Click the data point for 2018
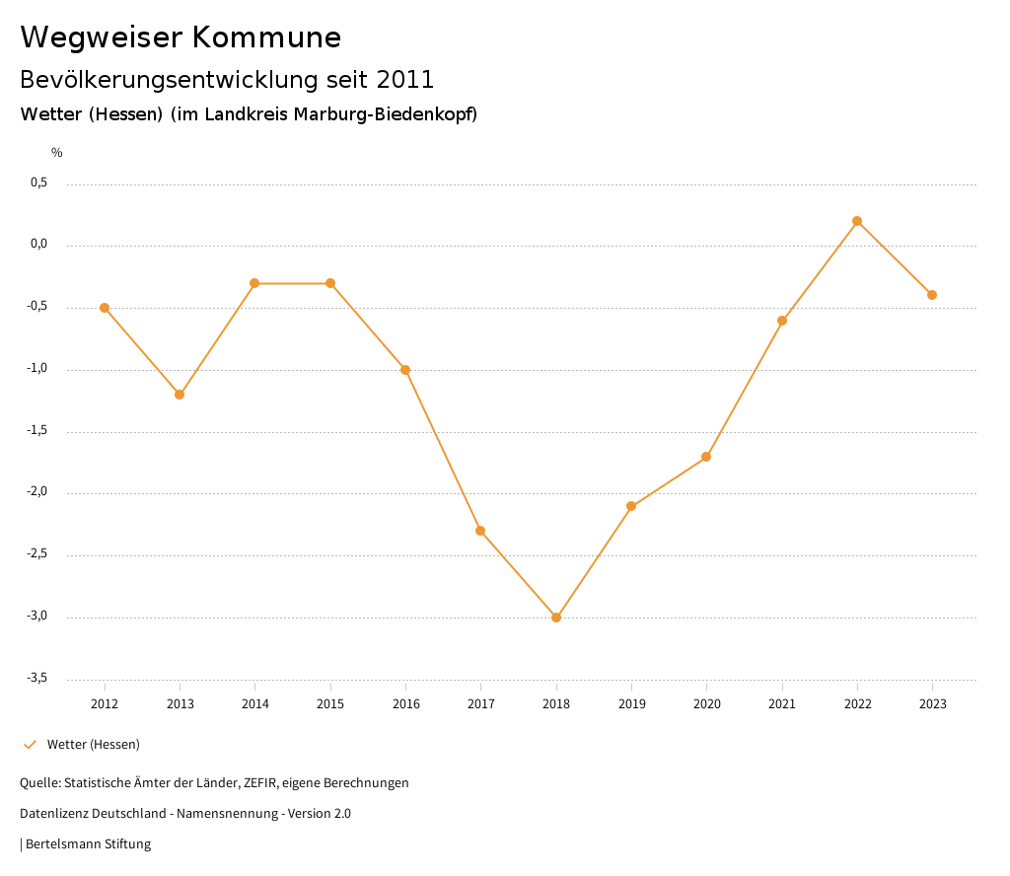click(556, 618)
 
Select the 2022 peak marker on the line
click(857, 221)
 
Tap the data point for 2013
click(180, 395)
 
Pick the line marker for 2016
click(405, 370)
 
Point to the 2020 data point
click(706, 457)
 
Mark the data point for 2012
click(105, 308)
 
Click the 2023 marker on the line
click(932, 295)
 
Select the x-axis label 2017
click(480, 704)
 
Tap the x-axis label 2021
click(782, 704)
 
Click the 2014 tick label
click(254, 704)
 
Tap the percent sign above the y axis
click(57, 153)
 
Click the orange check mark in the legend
click(30, 745)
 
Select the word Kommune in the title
click(267, 37)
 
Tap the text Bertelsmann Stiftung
click(88, 844)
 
